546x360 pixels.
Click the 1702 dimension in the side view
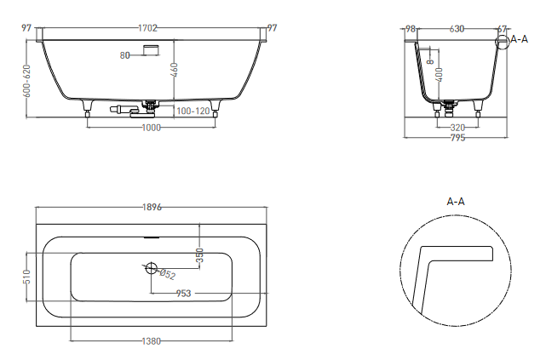coord(147,28)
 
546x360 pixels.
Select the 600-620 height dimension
coord(27,81)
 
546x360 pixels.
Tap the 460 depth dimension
coord(175,70)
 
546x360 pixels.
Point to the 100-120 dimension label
coord(193,111)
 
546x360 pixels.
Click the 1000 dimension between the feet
coord(152,128)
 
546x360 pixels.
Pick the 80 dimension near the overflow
coord(124,55)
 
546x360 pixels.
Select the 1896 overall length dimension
coord(152,208)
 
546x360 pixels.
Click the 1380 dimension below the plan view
coord(152,341)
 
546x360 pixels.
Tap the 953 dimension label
coord(183,294)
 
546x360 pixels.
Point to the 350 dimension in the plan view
coord(199,255)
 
